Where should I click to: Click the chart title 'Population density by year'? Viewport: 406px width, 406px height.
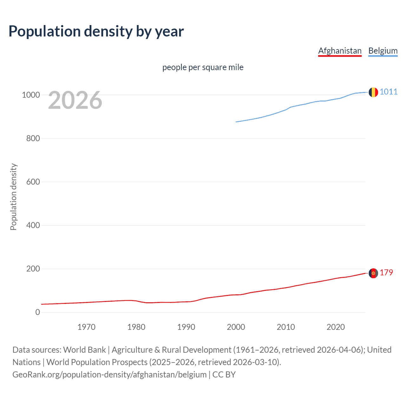(96, 31)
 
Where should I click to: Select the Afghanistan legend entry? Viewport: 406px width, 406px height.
(340, 51)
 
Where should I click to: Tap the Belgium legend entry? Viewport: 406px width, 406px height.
(383, 51)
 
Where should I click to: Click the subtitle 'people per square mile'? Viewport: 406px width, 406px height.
(203, 67)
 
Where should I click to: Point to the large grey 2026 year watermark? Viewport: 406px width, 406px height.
(75, 100)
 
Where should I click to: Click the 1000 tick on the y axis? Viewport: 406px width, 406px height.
(31, 95)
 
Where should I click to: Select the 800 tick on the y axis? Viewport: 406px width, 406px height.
(33, 138)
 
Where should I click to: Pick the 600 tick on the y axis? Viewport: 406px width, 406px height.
(33, 182)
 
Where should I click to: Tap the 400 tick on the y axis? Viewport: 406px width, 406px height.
(33, 225)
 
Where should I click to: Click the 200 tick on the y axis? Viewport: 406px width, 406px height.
(33, 269)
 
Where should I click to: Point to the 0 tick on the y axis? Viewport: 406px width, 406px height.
(38, 312)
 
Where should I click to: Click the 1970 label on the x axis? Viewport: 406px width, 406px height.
(86, 327)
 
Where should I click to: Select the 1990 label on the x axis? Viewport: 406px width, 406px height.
(186, 327)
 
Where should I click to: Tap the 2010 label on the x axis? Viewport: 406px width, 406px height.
(286, 327)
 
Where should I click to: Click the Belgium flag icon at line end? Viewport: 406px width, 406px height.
(373, 92)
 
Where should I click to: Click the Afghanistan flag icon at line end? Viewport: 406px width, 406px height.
(373, 273)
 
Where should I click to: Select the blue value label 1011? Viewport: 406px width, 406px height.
(389, 92)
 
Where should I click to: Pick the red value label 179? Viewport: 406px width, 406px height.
(386, 272)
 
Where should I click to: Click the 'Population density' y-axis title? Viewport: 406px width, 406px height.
(13, 197)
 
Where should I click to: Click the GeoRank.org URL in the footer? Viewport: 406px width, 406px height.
(109, 375)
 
